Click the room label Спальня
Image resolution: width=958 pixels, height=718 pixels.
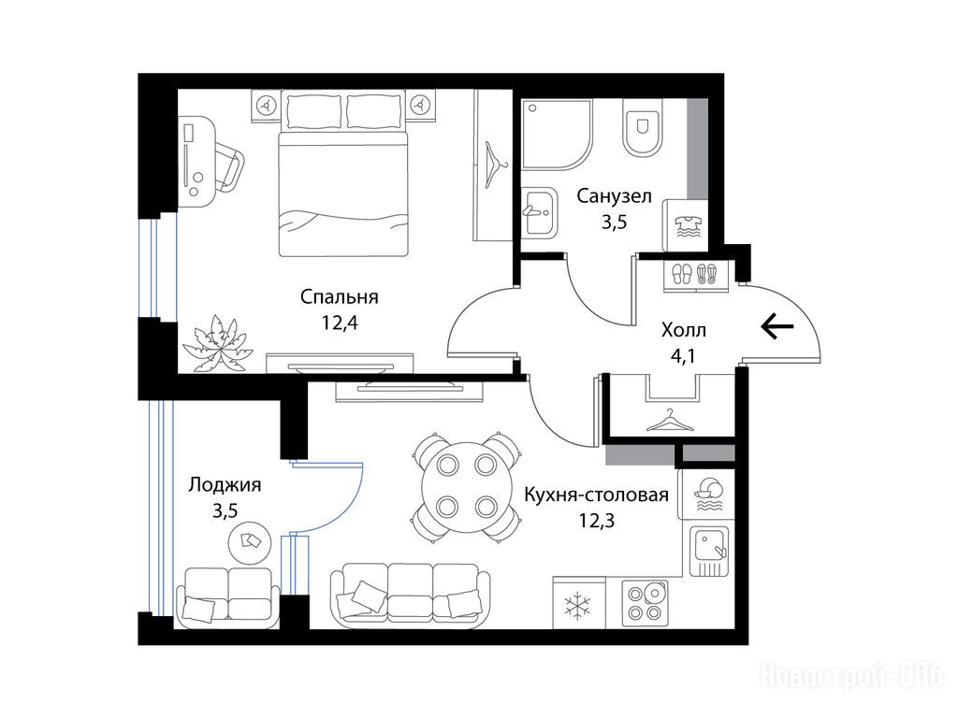(339, 297)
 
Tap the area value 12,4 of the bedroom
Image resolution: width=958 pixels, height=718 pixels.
(340, 323)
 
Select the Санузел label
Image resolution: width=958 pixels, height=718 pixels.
(614, 196)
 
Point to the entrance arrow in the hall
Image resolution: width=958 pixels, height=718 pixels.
(777, 327)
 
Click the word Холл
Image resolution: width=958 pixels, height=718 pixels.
(684, 330)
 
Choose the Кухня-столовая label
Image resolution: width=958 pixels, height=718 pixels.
(596, 494)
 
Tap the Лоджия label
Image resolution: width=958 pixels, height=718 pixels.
(225, 485)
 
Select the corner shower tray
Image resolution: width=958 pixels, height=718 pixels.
(558, 135)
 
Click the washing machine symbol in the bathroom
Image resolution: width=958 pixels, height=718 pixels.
(687, 225)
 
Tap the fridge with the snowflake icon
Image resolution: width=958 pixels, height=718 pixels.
(578, 603)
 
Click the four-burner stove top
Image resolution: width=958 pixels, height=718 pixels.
(646, 603)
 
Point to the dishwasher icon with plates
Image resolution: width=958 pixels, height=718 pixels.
(709, 494)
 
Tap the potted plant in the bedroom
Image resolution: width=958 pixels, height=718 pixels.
(217, 342)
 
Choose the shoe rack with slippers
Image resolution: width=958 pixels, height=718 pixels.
(698, 273)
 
